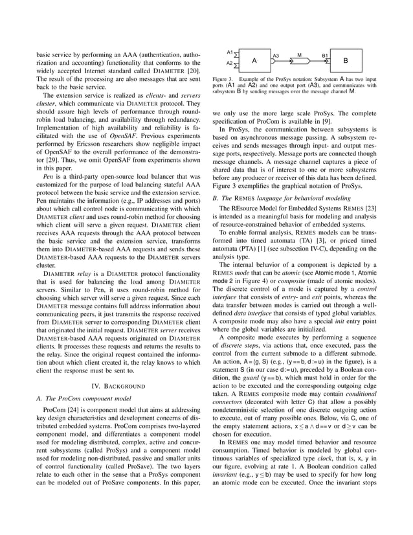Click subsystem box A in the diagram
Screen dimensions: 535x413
255,60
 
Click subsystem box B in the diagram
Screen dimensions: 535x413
346,60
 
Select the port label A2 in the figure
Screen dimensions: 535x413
230,63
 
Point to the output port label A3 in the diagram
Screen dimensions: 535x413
275,56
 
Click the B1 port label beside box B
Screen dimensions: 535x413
326,56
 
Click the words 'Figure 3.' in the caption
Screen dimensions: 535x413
223,80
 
